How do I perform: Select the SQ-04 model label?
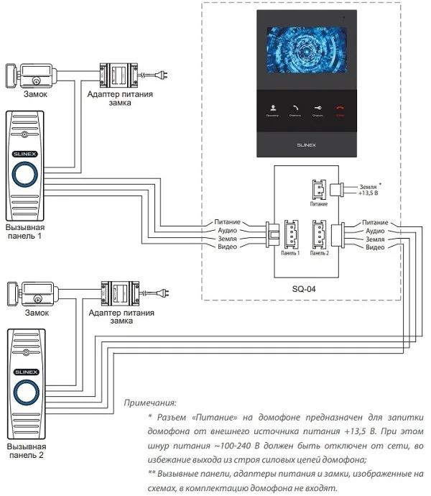pos(303,290)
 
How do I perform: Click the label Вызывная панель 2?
pos(27,450)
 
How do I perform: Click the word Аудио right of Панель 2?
pos(374,231)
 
